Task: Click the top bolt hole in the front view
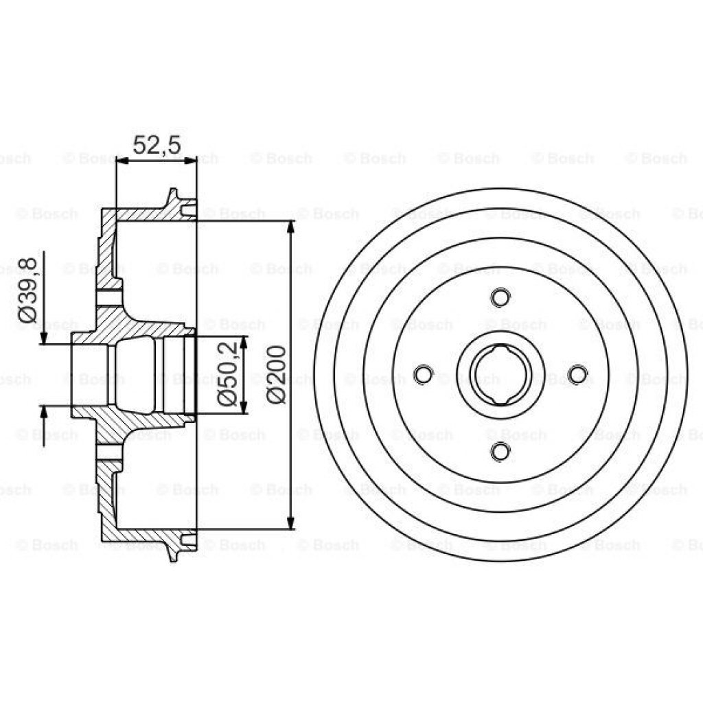(500, 297)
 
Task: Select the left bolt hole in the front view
(424, 374)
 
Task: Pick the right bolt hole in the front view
(578, 374)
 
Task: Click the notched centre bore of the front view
(500, 374)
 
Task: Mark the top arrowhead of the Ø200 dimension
(292, 227)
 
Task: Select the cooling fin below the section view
(174, 552)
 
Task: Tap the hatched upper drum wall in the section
(144, 214)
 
